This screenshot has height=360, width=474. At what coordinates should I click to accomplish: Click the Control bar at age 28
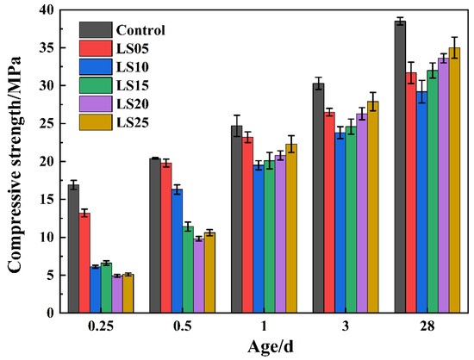pyautogui.click(x=400, y=167)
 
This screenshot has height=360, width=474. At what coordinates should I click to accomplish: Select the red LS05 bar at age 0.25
pyautogui.click(x=84, y=263)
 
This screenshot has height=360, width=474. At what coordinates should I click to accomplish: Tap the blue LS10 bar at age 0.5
pyautogui.click(x=177, y=251)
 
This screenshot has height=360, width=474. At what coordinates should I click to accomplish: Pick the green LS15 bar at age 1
pyautogui.click(x=270, y=237)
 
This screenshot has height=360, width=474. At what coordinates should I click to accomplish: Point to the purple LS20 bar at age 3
pyautogui.click(x=362, y=214)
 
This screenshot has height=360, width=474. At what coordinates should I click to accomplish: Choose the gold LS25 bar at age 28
pyautogui.click(x=454, y=180)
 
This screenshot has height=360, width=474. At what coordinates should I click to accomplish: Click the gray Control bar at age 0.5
pyautogui.click(x=155, y=235)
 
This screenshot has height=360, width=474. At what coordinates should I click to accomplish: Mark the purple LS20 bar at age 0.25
pyautogui.click(x=117, y=295)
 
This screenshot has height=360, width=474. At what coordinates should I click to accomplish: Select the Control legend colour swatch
pyautogui.click(x=96, y=29)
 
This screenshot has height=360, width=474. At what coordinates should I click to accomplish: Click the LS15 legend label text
pyautogui.click(x=133, y=85)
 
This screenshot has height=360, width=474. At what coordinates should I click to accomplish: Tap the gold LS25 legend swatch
pyautogui.click(x=96, y=122)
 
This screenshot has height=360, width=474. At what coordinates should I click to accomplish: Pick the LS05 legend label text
pyautogui.click(x=133, y=48)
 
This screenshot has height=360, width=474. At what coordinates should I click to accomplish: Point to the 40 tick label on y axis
pyautogui.click(x=47, y=10)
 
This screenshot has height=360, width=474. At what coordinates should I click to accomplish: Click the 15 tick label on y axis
pyautogui.click(x=47, y=199)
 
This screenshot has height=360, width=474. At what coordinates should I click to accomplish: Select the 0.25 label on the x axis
pyautogui.click(x=101, y=326)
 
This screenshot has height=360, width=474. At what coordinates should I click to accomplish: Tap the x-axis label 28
pyautogui.click(x=427, y=326)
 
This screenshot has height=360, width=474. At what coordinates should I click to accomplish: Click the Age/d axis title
pyautogui.click(x=271, y=347)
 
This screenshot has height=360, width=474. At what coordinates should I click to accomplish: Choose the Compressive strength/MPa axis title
pyautogui.click(x=14, y=164)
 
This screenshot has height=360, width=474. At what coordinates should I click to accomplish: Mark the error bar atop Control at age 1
pyautogui.click(x=237, y=126)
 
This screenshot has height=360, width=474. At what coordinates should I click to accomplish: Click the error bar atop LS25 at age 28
pyautogui.click(x=454, y=47)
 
